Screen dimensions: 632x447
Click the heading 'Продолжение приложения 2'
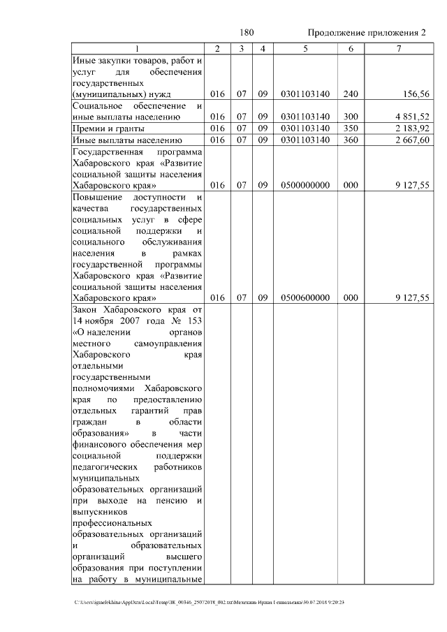[x=367, y=33]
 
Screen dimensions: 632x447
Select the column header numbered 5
[x=305, y=48]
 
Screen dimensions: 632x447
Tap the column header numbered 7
[x=398, y=48]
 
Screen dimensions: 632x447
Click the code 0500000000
[x=305, y=186]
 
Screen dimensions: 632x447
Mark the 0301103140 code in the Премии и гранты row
[x=305, y=128]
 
